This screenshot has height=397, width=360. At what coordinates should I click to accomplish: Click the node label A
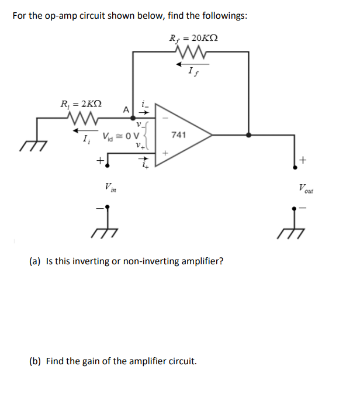click(126, 109)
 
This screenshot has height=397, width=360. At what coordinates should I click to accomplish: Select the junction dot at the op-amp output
click(250, 135)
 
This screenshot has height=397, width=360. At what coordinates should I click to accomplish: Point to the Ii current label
click(86, 140)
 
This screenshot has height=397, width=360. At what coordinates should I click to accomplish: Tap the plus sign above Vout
click(303, 160)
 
